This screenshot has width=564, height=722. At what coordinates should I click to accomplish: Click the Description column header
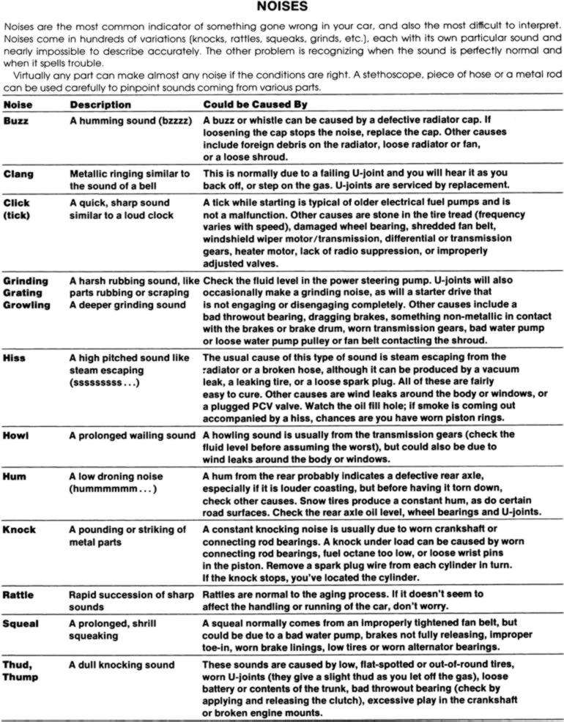coord(100,105)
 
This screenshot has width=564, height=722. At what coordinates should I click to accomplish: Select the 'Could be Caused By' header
coord(255,105)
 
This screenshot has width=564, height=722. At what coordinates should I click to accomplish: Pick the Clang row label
coord(18,174)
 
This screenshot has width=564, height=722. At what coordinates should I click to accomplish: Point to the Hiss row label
coord(15,357)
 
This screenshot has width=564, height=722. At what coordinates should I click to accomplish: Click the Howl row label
coord(16,436)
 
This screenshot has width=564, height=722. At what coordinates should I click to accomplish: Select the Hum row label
coord(15,477)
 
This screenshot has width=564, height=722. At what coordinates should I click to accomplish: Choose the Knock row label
coord(19,529)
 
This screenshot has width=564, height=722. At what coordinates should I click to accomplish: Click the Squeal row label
coord(21,623)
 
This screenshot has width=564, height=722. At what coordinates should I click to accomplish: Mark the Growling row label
coord(26,305)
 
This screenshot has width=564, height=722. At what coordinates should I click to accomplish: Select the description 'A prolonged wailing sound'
coord(133,436)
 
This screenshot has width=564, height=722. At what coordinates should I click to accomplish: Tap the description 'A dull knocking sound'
coord(122,664)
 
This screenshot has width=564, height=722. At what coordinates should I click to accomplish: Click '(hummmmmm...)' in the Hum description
coord(114,488)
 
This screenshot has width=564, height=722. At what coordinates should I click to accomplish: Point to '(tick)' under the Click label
coord(17,215)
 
